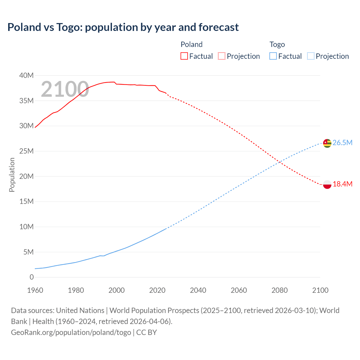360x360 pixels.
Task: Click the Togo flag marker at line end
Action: click(x=327, y=143)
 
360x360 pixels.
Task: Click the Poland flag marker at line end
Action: click(x=327, y=184)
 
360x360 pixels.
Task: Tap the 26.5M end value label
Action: click(x=342, y=143)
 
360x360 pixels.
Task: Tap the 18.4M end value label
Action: click(x=342, y=184)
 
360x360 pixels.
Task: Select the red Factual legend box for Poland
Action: click(x=184, y=56)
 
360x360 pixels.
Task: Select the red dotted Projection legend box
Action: click(x=222, y=56)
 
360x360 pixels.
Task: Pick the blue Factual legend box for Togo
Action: click(x=273, y=56)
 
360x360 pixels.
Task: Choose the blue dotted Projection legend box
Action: click(x=311, y=56)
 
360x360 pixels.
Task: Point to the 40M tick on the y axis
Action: click(x=26, y=75)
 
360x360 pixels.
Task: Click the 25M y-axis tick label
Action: click(x=26, y=151)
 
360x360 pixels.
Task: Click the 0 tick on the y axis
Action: click(x=31, y=277)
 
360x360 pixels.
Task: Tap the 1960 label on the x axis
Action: click(x=35, y=290)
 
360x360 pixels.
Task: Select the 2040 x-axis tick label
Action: click(x=198, y=290)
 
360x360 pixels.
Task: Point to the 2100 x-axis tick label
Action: click(x=320, y=290)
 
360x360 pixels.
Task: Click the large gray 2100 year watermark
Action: click(x=65, y=89)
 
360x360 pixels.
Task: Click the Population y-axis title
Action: click(x=12, y=175)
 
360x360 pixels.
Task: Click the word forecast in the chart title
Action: click(x=219, y=27)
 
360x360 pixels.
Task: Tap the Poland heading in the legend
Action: click(x=192, y=44)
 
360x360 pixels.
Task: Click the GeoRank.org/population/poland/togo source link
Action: click(x=71, y=332)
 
